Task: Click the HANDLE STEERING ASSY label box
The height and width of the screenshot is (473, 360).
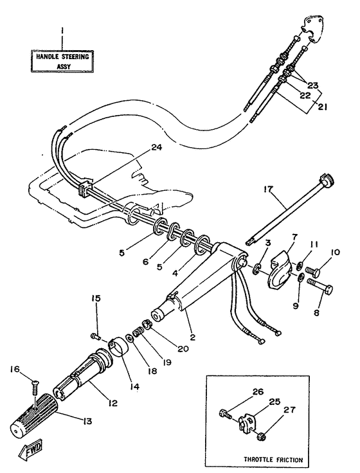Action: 62,61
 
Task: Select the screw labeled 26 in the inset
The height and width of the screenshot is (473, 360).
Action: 225,415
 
